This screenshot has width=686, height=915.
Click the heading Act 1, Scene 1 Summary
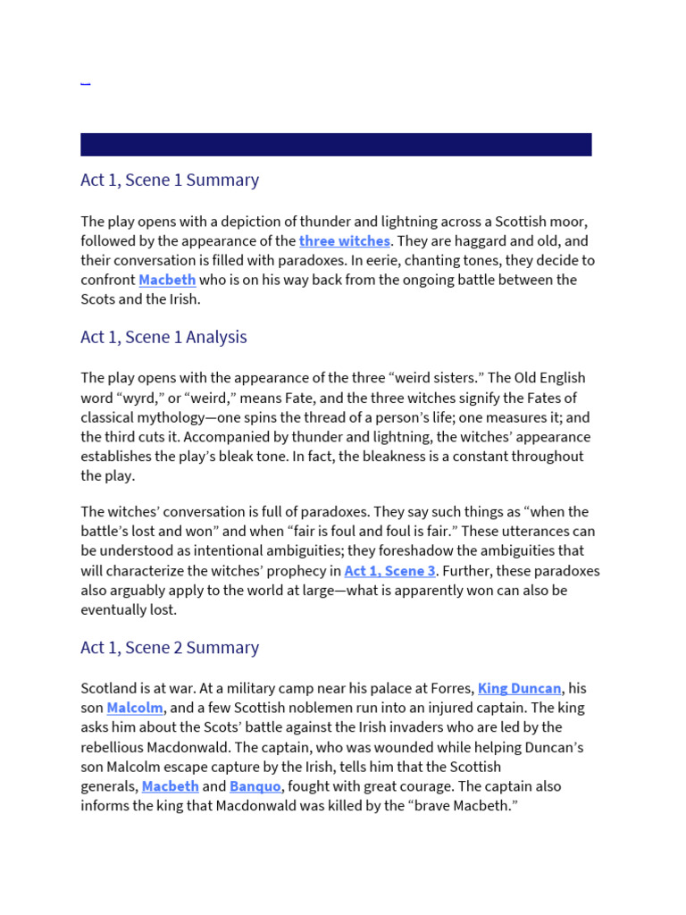point(170,180)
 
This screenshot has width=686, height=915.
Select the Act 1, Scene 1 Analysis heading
point(163,337)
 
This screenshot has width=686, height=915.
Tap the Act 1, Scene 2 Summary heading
point(170,647)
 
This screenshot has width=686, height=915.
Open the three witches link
point(345,240)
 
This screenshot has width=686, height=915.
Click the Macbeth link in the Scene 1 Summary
point(167,280)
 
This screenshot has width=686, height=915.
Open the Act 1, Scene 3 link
point(390,571)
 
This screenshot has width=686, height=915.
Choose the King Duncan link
point(520,688)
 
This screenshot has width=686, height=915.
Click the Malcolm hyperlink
point(135,708)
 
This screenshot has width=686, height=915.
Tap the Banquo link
point(255,786)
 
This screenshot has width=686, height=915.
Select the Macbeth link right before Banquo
point(170,786)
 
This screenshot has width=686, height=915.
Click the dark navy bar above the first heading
point(336,145)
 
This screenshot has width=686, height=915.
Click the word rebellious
point(120,747)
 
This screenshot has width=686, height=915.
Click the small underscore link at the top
point(85,82)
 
